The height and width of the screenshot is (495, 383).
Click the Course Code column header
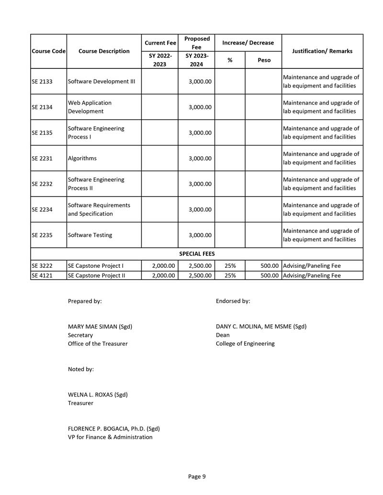48,51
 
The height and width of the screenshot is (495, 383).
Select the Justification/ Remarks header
322,51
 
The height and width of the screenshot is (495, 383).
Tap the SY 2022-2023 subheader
159,60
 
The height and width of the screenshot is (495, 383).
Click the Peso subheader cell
263,60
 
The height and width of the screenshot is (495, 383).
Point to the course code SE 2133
42,81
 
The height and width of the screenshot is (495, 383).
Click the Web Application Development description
90,107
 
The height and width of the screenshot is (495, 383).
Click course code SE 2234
42,209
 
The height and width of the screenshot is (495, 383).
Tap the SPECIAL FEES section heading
197,254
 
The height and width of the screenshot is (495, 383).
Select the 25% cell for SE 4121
230,275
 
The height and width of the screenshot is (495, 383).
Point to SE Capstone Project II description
96,275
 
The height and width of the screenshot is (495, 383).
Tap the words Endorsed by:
233,301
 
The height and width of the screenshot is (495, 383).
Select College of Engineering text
245,343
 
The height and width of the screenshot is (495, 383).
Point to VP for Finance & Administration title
110,437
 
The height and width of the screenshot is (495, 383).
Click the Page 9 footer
197,476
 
